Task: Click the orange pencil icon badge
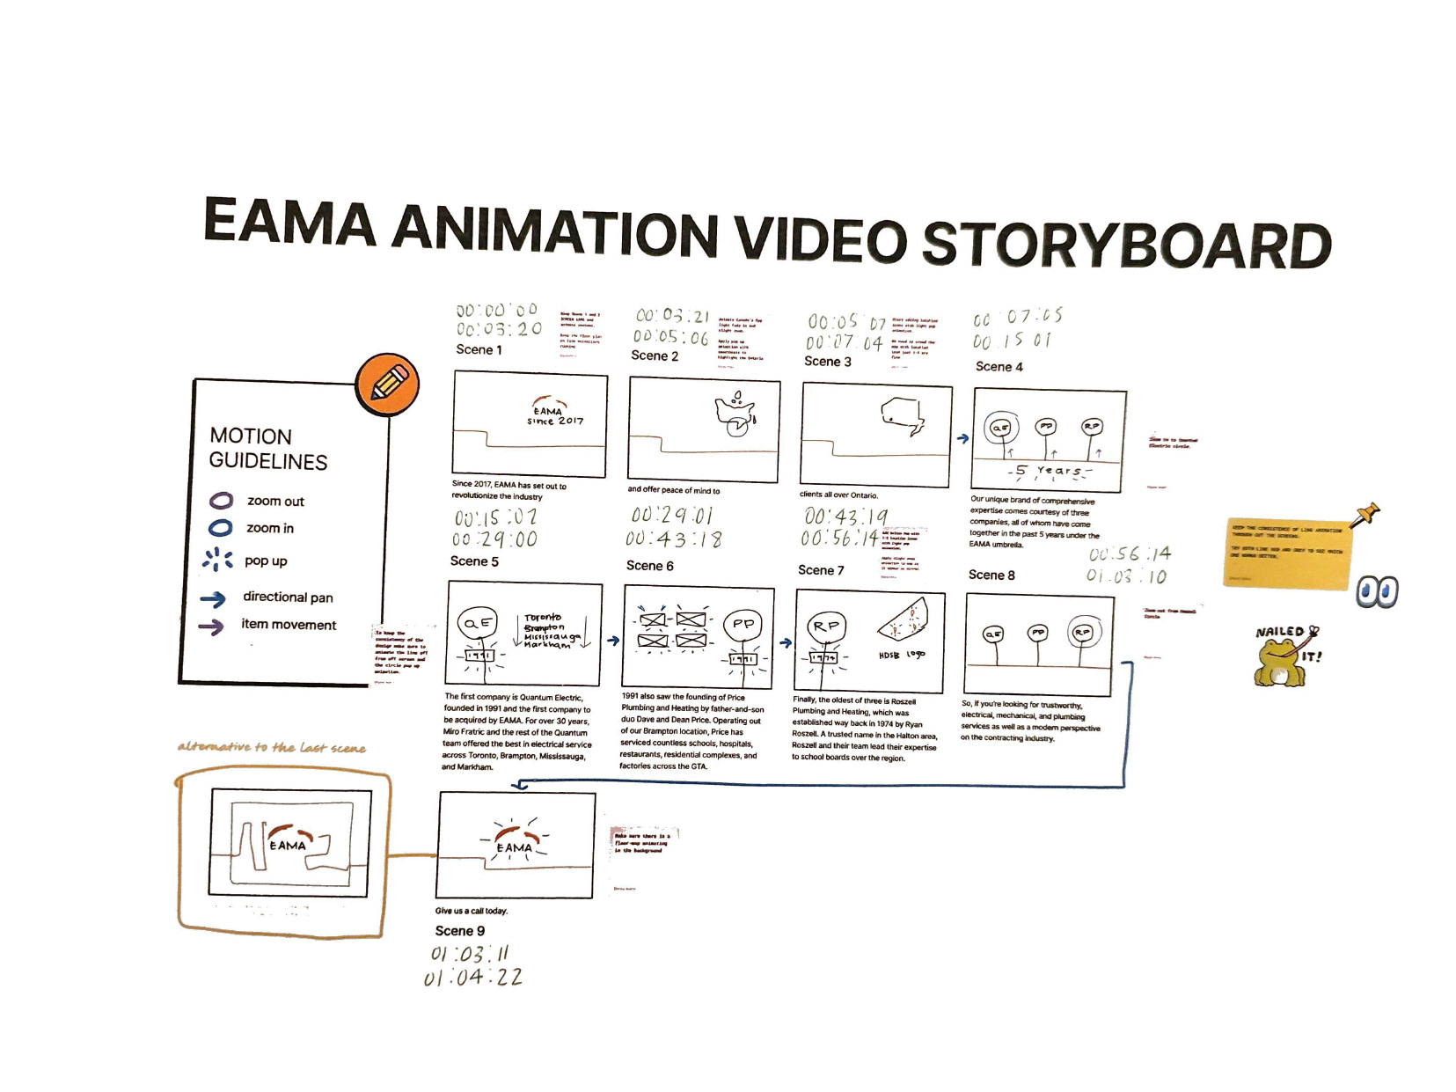click(x=387, y=385)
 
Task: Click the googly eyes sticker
click(x=1377, y=592)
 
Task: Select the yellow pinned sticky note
click(x=1286, y=553)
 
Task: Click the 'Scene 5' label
click(x=474, y=561)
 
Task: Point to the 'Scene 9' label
click(x=459, y=931)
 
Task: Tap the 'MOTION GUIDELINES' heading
click(x=268, y=449)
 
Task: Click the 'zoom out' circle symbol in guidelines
click(x=221, y=501)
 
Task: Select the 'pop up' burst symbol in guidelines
click(x=217, y=560)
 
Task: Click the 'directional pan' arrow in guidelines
click(x=213, y=599)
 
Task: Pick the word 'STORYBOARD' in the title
click(x=1125, y=246)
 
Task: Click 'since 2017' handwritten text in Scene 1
click(x=554, y=421)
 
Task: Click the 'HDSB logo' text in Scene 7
click(x=902, y=656)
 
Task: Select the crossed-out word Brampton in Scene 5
click(x=544, y=627)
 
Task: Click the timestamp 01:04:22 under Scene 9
click(x=472, y=978)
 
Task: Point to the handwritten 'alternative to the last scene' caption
click(x=271, y=748)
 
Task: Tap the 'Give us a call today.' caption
click(x=472, y=911)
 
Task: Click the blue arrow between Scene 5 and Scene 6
click(x=613, y=641)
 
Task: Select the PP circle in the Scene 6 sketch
click(x=743, y=624)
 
